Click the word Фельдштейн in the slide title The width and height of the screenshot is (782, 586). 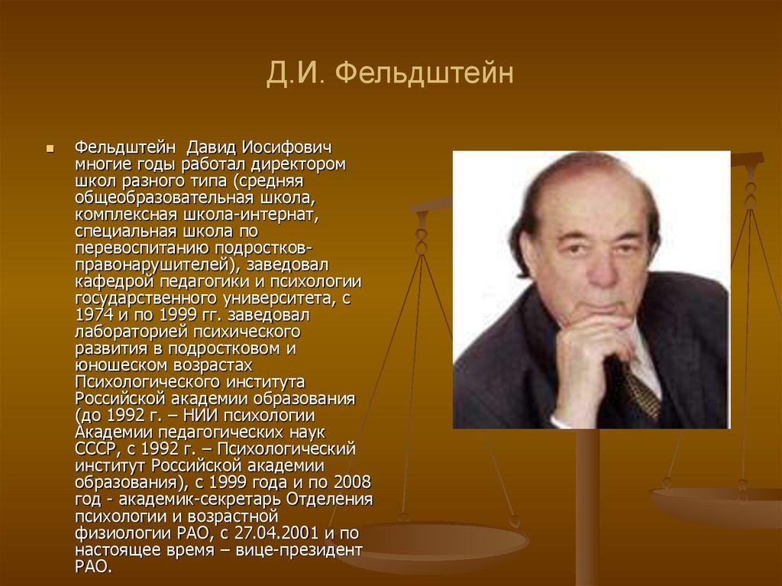424,73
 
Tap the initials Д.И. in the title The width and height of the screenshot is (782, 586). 295,73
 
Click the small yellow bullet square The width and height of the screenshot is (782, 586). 50,148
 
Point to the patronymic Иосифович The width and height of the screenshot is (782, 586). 287,147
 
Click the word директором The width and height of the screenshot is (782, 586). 299,164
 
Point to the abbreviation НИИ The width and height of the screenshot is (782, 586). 201,416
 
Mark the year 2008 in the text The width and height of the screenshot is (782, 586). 353,482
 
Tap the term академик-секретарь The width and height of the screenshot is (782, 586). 200,500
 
